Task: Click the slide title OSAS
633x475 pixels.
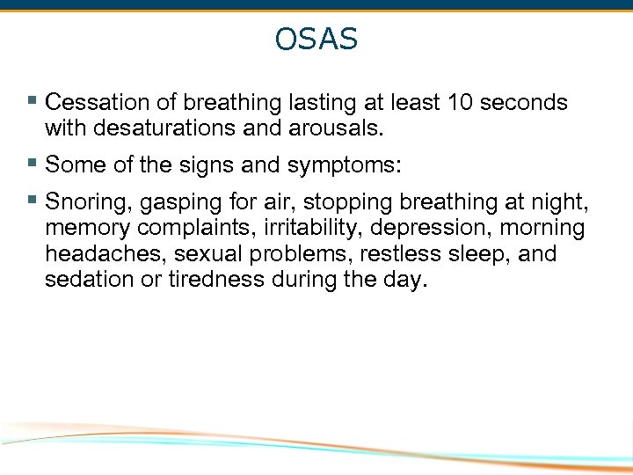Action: point(316,40)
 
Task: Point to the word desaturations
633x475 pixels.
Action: point(170,128)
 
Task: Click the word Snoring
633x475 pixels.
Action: point(85,202)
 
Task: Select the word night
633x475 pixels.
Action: point(562,203)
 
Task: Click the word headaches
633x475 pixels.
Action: point(98,253)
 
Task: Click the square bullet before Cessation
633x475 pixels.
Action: point(33,102)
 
